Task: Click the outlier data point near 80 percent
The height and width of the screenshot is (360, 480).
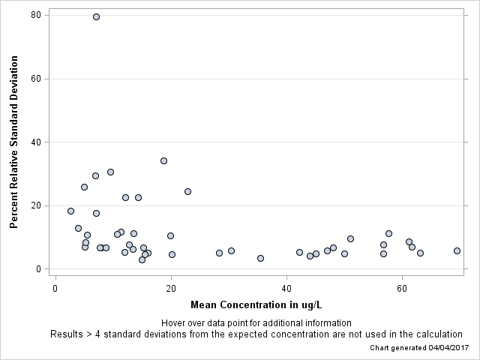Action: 96,16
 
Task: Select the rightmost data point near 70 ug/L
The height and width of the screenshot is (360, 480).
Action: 457,250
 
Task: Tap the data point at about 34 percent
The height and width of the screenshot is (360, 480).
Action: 163,160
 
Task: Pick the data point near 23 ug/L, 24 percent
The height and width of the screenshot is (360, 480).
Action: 187,191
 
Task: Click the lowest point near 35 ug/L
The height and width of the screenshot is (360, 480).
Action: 260,258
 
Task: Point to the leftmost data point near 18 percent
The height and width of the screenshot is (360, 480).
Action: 70,211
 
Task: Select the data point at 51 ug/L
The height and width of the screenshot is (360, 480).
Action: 350,238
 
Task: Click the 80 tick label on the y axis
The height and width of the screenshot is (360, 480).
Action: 35,15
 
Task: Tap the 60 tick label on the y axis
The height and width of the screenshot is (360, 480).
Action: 35,79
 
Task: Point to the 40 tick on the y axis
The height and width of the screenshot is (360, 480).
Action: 35,142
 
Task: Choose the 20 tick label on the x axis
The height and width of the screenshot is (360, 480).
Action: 171,288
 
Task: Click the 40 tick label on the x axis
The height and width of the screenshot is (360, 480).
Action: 286,288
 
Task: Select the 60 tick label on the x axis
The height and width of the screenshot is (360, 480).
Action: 403,288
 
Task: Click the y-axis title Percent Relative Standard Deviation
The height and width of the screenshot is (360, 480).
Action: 13,142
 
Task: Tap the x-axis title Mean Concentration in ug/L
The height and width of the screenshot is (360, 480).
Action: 256,304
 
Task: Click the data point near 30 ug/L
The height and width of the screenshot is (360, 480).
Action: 231,250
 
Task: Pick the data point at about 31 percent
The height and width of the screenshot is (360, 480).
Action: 110,172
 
